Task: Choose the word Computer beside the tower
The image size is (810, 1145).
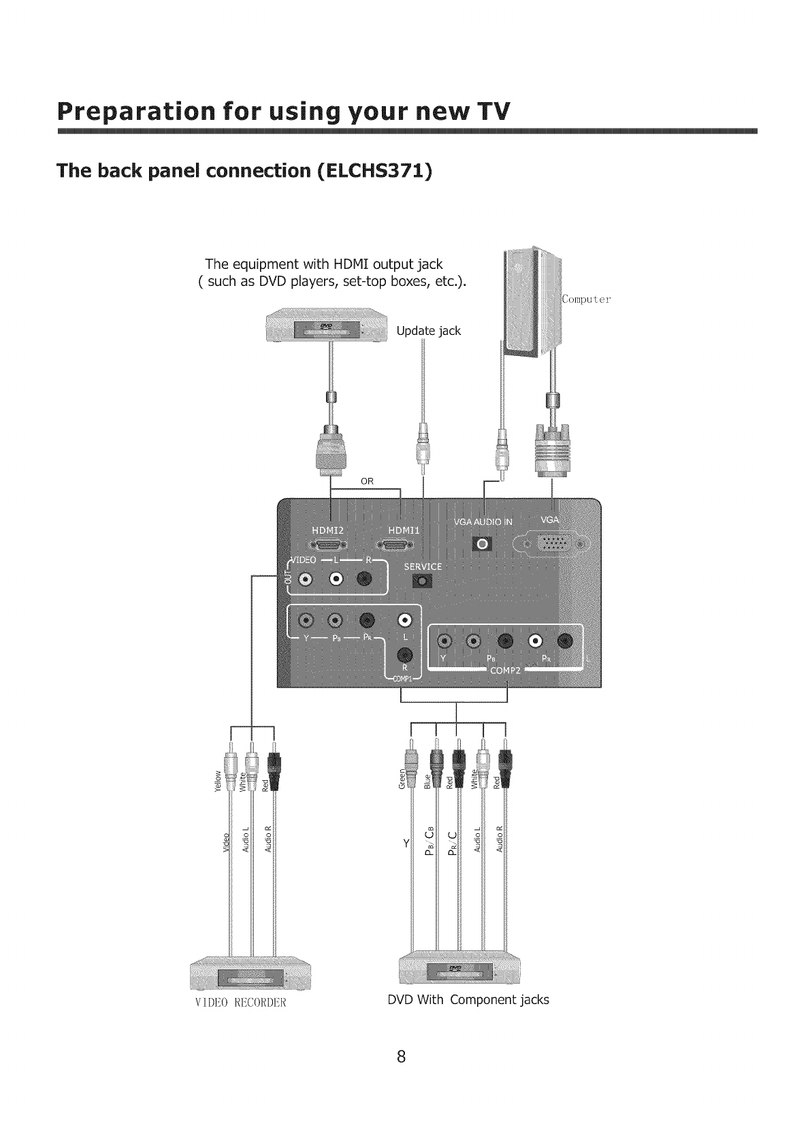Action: tap(587, 299)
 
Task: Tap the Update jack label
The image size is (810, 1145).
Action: tap(428, 331)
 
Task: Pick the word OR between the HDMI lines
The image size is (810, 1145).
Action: tap(367, 481)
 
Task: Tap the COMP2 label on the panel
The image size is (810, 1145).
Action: tap(505, 673)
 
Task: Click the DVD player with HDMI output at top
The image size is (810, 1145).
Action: tap(325, 329)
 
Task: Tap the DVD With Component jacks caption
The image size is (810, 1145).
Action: tap(468, 1000)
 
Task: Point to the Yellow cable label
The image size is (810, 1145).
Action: tap(218, 781)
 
